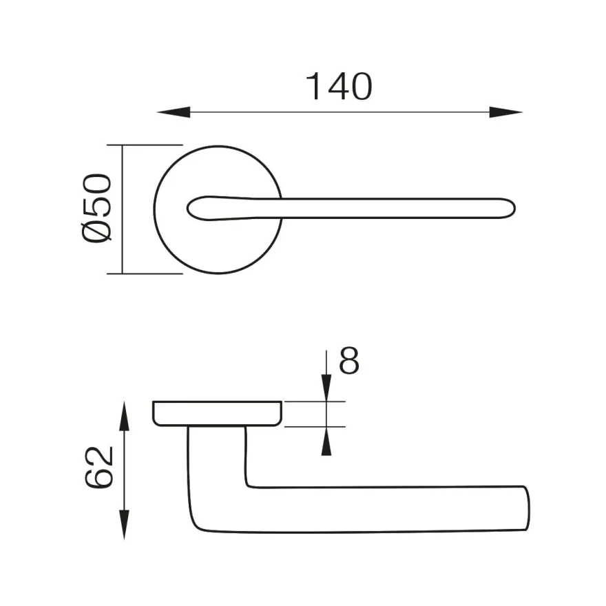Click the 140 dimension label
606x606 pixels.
click(339, 86)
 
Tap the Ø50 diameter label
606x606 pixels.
click(96, 209)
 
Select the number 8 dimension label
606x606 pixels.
click(349, 360)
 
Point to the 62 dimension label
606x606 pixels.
click(99, 468)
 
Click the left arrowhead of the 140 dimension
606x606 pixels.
click(174, 112)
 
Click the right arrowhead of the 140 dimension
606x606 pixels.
click(506, 112)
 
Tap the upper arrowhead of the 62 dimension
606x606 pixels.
click(124, 416)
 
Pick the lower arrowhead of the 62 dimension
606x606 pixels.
click(124, 525)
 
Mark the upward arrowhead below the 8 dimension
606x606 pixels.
click(326, 441)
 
